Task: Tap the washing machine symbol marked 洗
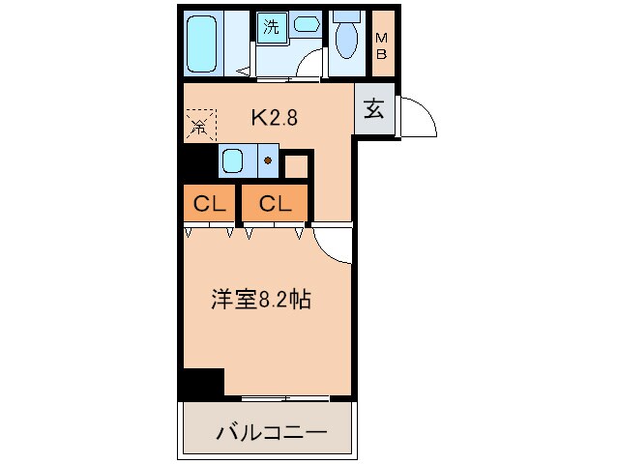click(x=272, y=27)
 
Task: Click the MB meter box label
click(x=383, y=45)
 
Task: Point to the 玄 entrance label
click(x=374, y=108)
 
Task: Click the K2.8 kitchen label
click(x=276, y=118)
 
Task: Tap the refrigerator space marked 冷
click(x=200, y=123)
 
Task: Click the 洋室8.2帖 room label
click(x=260, y=300)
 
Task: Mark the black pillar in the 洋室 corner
click(x=204, y=383)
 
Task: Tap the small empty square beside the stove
click(x=296, y=164)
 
